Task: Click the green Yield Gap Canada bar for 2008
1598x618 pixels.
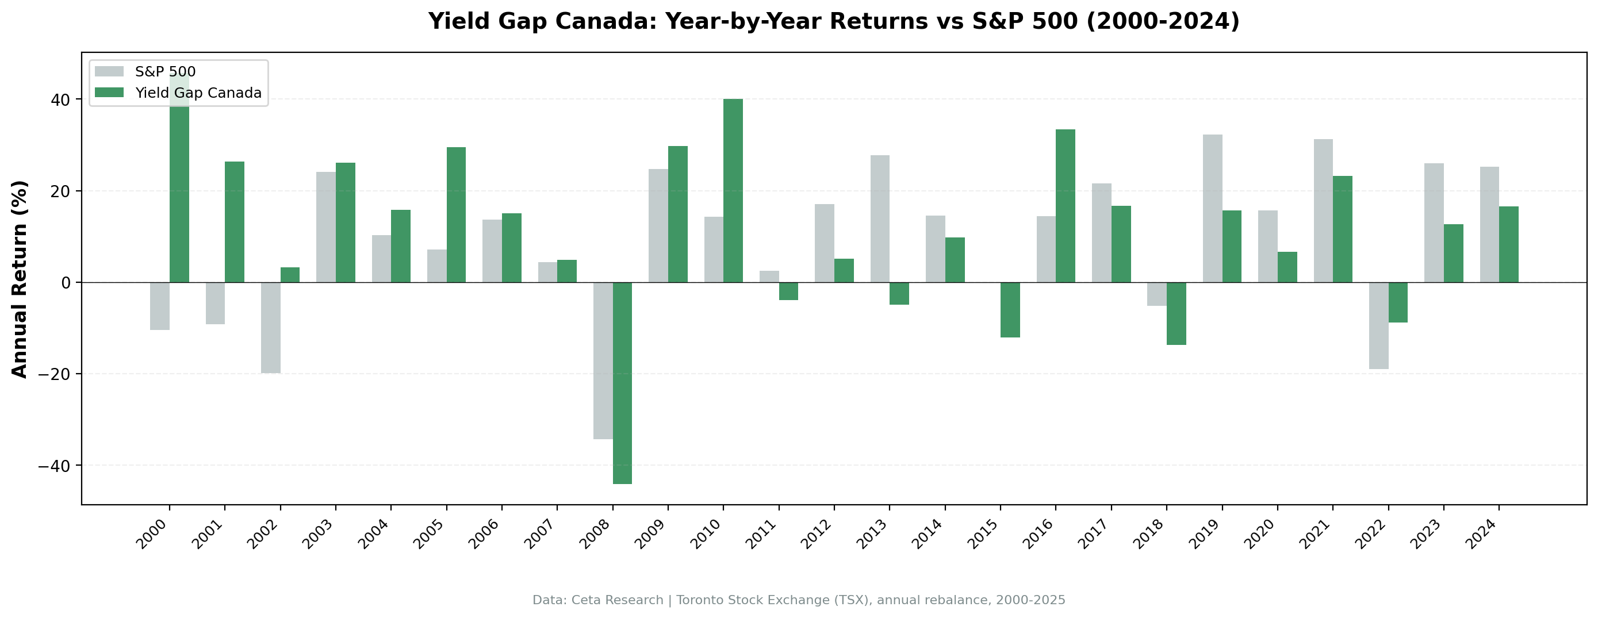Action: pos(622,382)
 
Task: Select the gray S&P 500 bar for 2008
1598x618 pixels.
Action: pos(603,360)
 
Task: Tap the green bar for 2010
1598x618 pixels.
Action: pos(733,190)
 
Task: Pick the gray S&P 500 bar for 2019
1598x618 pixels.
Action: pos(1212,209)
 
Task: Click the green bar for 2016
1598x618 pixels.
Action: pos(1065,205)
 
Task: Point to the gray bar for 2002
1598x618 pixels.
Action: pos(270,328)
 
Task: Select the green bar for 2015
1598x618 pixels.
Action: pos(1010,310)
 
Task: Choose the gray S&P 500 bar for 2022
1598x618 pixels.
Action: pos(1378,326)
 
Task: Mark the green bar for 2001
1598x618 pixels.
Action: pos(235,221)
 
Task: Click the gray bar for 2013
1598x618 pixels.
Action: pos(880,218)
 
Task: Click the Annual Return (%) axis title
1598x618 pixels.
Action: pos(20,279)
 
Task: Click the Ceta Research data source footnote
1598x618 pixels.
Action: pos(799,600)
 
